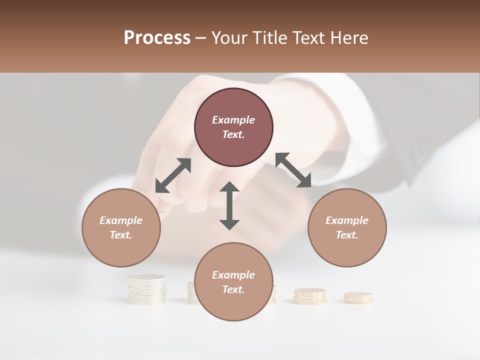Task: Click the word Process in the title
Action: [x=157, y=38]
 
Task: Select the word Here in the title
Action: [x=349, y=38]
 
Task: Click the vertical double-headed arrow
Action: [x=229, y=205]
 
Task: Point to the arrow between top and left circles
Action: [x=173, y=175]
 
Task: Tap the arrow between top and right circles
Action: [x=293, y=170]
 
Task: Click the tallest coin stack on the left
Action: [x=147, y=289]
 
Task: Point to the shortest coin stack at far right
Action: [x=358, y=298]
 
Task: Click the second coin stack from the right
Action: [x=310, y=296]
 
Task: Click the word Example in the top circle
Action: [x=233, y=120]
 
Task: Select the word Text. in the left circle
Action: [x=121, y=235]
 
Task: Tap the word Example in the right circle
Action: [x=347, y=220]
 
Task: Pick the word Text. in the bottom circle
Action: [x=233, y=289]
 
